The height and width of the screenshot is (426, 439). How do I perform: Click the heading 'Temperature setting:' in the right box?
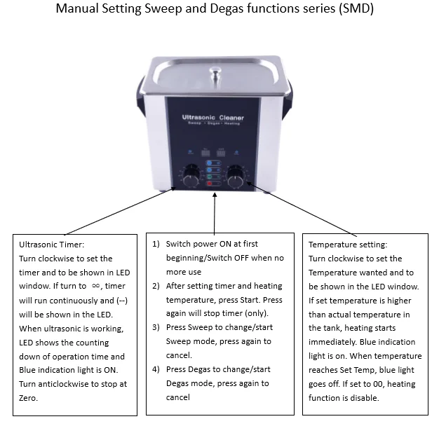[348, 245]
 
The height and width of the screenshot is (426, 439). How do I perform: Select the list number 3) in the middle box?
[157, 327]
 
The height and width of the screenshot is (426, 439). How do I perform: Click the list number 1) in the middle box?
[157, 244]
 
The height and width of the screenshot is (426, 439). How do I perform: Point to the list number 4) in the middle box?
[157, 369]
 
